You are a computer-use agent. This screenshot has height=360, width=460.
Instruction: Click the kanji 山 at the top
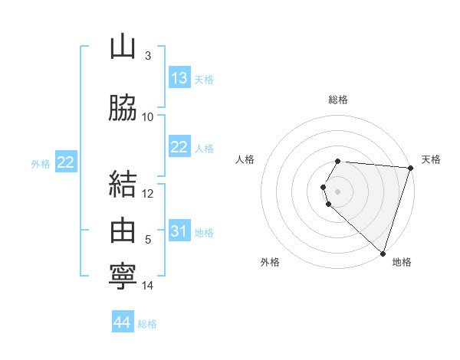click(x=123, y=47)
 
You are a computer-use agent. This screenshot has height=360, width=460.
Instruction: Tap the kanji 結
click(x=123, y=185)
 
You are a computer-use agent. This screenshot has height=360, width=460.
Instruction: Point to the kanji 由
click(x=123, y=229)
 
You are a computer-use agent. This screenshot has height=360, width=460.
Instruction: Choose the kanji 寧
click(x=123, y=275)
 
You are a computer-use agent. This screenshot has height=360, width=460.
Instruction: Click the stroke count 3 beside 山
click(x=147, y=56)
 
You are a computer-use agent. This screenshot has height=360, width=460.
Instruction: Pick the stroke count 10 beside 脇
click(x=148, y=116)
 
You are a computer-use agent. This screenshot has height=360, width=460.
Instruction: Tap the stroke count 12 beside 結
click(x=148, y=193)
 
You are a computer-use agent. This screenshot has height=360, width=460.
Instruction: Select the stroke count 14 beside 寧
click(x=148, y=286)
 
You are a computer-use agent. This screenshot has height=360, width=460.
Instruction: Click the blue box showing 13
click(x=179, y=78)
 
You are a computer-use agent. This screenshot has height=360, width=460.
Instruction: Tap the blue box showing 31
click(x=179, y=231)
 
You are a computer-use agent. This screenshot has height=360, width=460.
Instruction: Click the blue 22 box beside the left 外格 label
click(x=66, y=162)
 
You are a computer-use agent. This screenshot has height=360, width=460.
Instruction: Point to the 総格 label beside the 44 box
click(x=147, y=324)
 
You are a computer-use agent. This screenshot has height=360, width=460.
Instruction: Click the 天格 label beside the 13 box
click(x=204, y=80)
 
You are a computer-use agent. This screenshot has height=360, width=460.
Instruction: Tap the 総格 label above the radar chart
click(x=338, y=100)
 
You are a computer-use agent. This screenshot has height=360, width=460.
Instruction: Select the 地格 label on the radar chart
click(x=402, y=262)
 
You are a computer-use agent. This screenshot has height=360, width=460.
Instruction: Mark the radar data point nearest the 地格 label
click(x=383, y=253)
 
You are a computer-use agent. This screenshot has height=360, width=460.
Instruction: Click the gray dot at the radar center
click(x=338, y=191)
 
